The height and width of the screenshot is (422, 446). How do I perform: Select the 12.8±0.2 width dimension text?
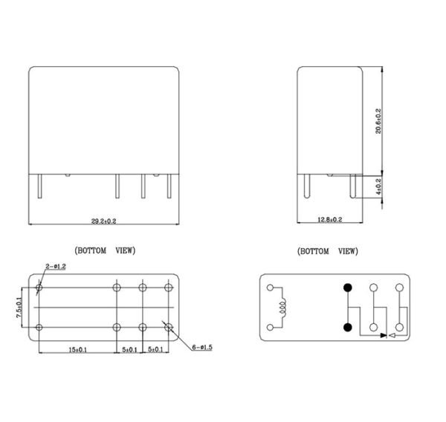[329, 220]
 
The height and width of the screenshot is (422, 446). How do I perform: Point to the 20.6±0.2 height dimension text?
[378, 121]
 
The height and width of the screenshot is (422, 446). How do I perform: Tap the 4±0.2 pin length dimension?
[378, 186]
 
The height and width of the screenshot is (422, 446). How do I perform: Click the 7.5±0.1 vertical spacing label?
[21, 308]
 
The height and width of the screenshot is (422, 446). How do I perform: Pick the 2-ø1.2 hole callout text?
[56, 265]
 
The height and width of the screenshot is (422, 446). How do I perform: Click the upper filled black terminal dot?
[346, 288]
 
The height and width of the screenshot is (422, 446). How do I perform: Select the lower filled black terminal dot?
[346, 326]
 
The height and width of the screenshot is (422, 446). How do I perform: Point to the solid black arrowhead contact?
[384, 336]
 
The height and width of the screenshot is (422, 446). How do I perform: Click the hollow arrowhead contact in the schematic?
[393, 336]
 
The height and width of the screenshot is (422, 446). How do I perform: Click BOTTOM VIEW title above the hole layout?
[105, 251]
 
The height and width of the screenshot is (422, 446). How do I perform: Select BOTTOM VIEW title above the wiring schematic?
[328, 251]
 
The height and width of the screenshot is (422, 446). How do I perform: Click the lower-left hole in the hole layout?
[39, 327]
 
